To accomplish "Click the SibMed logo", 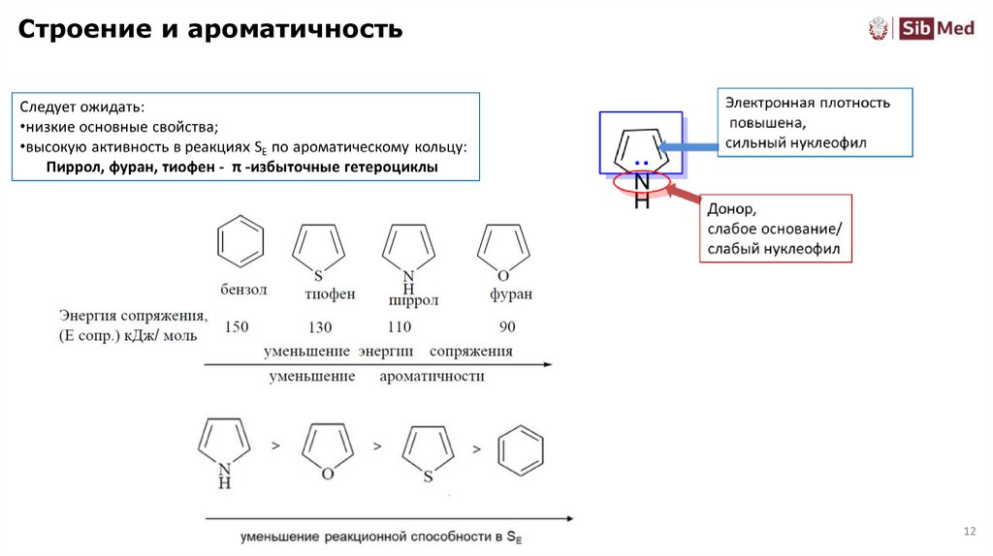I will (920, 28).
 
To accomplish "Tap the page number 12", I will (968, 531).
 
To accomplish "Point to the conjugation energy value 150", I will (237, 327).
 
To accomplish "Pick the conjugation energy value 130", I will (319, 327).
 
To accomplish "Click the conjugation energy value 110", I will (399, 327).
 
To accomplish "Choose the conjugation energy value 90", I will (507, 327).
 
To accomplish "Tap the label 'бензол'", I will (242, 290).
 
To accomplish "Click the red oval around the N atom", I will (641, 180).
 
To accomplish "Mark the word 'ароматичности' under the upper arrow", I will (432, 377).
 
